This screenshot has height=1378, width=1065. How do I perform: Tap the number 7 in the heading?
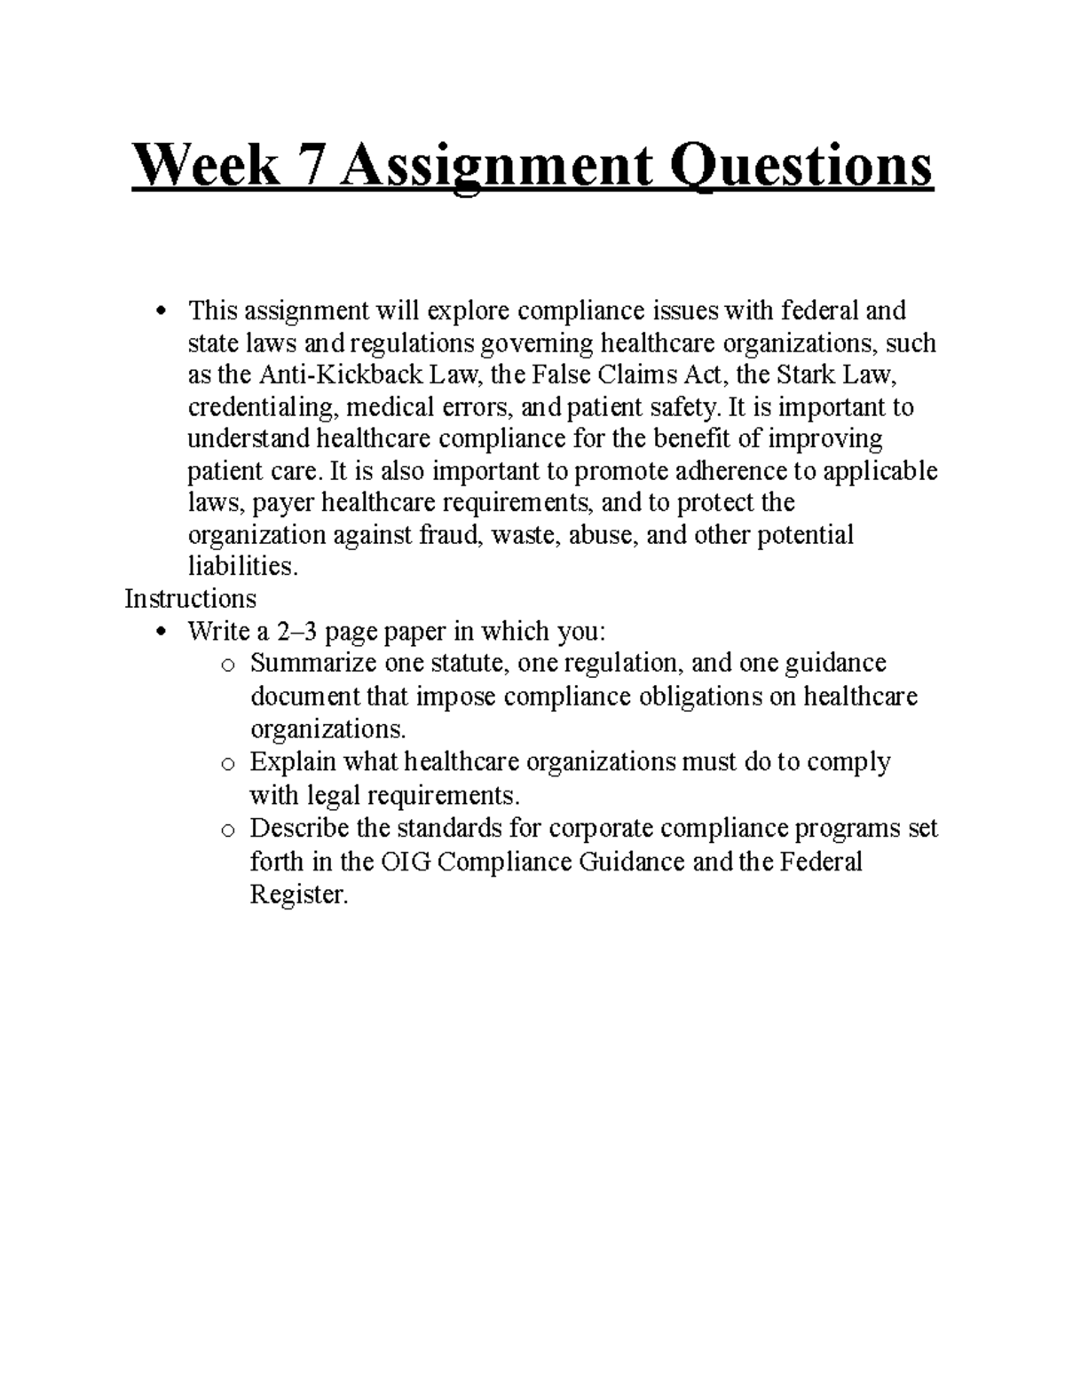click(323, 166)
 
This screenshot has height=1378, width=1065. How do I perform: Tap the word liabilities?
click(239, 567)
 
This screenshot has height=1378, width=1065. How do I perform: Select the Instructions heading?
click(190, 599)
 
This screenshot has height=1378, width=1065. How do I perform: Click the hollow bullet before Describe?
click(228, 831)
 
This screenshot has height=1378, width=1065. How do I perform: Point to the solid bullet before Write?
click(161, 632)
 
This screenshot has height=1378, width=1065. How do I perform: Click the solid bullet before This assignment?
click(161, 311)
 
